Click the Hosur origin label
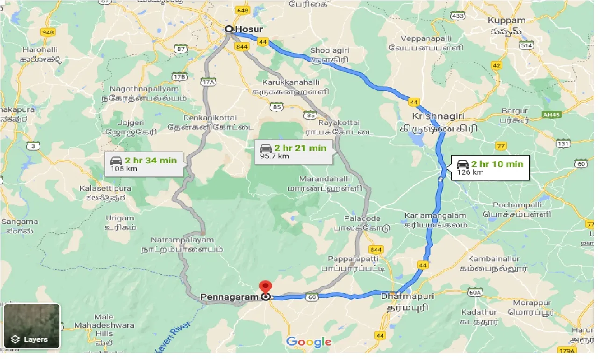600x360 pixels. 249,29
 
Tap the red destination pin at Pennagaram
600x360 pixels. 266,286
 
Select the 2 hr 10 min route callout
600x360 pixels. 490,167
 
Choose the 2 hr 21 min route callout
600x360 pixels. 293,151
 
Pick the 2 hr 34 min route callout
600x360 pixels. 143,164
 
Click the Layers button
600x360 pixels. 32,326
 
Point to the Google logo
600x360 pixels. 308,342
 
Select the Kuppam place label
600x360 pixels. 507,21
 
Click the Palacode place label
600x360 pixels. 362,218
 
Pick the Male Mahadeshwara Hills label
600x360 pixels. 104,325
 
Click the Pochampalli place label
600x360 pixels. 518,205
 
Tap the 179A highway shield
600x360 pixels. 568,350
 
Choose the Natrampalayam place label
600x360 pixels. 182,240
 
